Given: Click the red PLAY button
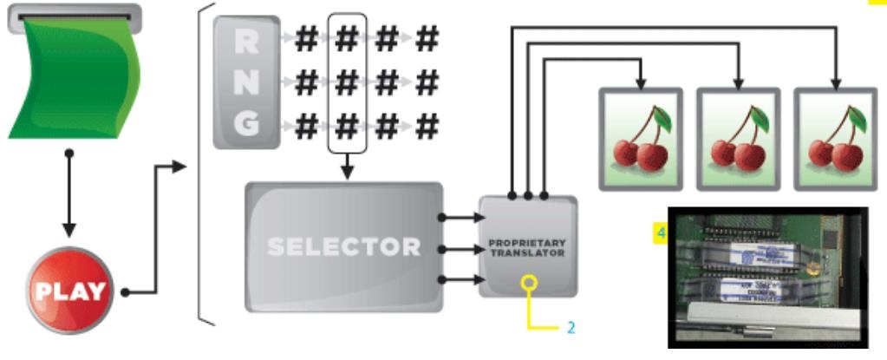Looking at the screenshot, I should click(x=69, y=289).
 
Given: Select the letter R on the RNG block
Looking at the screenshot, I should click(x=246, y=41).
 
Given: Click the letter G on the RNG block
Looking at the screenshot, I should click(x=246, y=127).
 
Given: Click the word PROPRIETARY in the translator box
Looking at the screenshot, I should click(x=527, y=242).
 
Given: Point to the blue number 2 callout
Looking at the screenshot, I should click(x=571, y=328).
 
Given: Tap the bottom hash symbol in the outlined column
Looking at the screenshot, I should click(x=346, y=127).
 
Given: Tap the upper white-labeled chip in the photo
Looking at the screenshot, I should click(x=767, y=253).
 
